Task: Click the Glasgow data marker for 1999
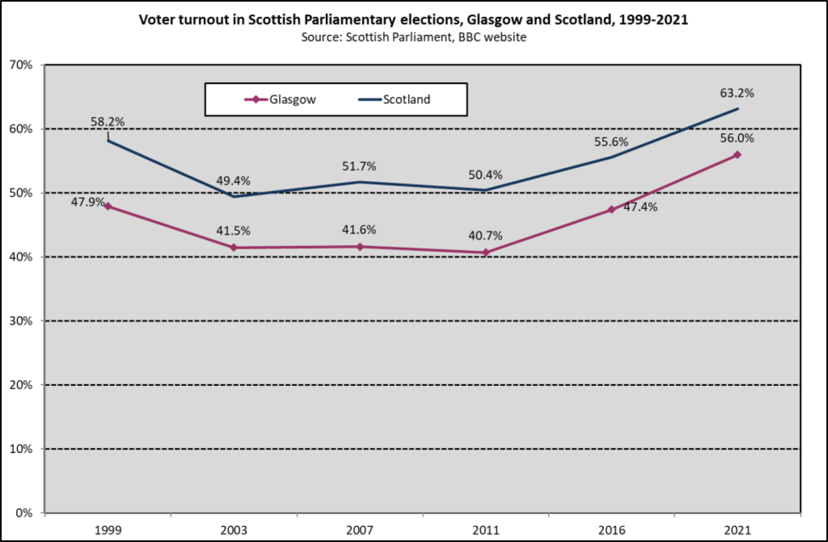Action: [x=108, y=206]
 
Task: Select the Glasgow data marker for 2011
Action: [x=485, y=252]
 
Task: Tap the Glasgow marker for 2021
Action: [x=736, y=154]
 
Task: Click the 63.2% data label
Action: [x=737, y=92]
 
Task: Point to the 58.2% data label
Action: [x=108, y=122]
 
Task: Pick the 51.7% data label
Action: [x=360, y=166]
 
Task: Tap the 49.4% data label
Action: [x=234, y=180]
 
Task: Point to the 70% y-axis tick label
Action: [x=20, y=65]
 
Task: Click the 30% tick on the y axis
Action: [x=20, y=321]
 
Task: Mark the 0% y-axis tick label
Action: [x=24, y=513]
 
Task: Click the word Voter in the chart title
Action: [x=158, y=21]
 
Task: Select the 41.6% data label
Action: [x=360, y=230]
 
